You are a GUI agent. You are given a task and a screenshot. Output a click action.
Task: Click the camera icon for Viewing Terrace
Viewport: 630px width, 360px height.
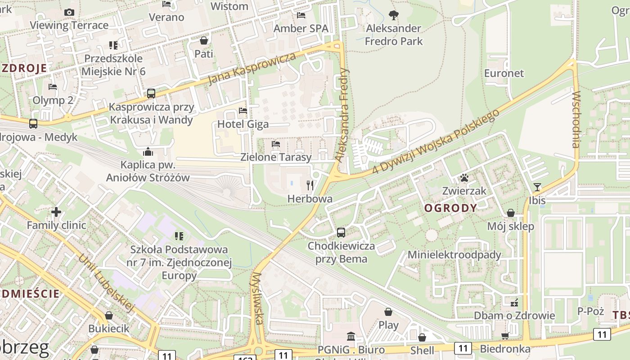coord(69,13)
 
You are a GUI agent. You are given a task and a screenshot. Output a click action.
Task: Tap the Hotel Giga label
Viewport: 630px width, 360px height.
coord(243,124)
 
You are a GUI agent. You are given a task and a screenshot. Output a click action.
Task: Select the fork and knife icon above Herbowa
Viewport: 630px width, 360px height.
coord(310,185)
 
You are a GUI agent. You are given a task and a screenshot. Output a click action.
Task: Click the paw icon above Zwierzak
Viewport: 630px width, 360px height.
coord(464,178)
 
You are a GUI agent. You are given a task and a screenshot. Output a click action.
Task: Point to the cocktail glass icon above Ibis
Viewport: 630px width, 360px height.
coord(537,187)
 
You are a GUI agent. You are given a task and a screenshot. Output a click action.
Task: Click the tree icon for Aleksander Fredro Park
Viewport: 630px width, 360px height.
coord(394,15)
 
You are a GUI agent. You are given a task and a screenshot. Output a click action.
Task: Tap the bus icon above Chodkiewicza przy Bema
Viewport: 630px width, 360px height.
coord(341,233)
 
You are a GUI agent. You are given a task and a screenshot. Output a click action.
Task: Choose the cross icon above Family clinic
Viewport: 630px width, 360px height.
coord(56,211)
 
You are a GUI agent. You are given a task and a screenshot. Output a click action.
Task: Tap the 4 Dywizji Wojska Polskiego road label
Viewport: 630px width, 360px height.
coord(436,142)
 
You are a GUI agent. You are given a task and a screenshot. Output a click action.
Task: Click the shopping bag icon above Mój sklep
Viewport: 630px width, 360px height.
coord(511,213)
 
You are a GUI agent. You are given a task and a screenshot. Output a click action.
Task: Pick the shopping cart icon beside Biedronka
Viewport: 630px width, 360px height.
coord(505,336)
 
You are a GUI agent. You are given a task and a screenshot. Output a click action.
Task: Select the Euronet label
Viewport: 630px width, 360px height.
coord(504,73)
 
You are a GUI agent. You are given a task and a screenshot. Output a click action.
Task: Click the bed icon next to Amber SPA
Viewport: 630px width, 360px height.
coord(301,15)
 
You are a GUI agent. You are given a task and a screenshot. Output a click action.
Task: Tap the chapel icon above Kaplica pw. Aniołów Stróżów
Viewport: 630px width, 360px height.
coord(148,152)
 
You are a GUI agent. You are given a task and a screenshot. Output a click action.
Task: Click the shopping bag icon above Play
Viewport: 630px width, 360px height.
coord(388,311)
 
